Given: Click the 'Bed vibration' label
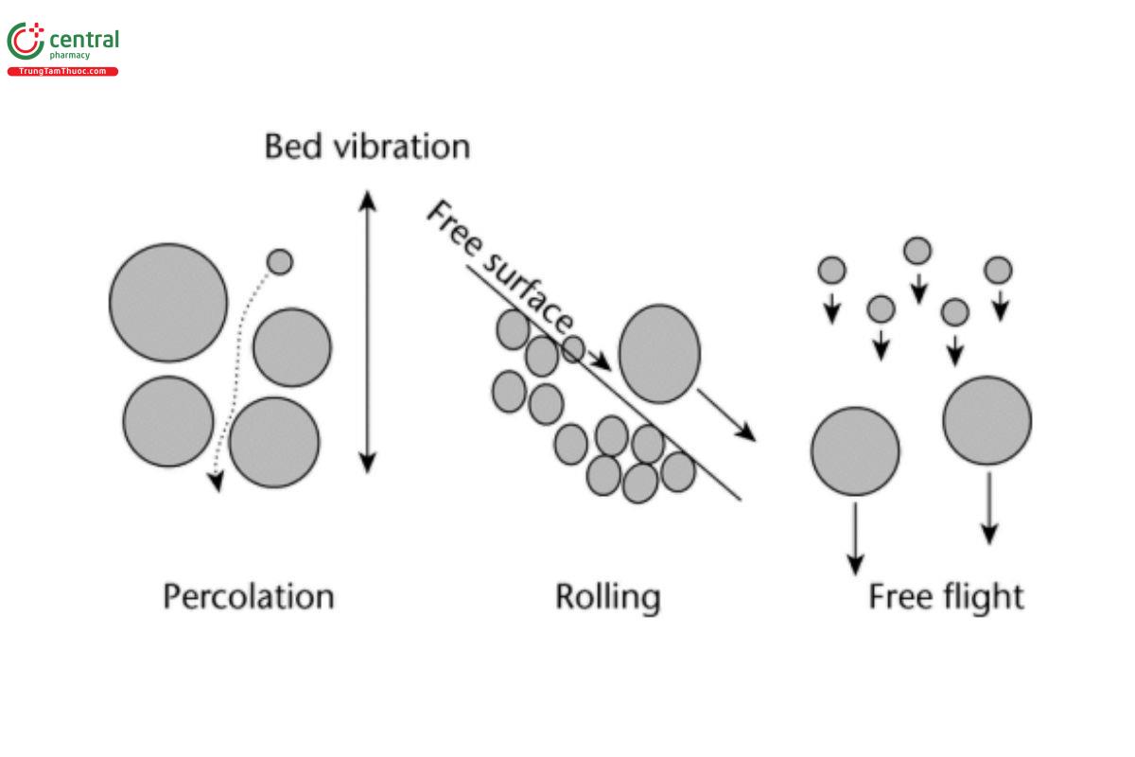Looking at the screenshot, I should (366, 147).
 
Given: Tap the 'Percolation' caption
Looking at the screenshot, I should (248, 597).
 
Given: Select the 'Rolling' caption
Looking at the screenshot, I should (607, 597).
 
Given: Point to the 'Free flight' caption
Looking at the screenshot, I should (946, 597).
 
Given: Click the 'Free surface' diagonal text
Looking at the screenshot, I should (498, 267).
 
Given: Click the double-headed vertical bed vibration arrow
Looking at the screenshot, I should (368, 331).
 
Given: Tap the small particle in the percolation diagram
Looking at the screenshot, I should (280, 261).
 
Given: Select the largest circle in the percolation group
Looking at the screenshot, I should (168, 303).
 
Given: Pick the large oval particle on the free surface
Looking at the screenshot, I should (659, 353).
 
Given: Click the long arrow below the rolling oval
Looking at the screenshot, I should (727, 414).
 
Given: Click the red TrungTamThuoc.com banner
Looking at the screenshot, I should (62, 72).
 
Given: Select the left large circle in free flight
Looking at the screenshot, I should (855, 451).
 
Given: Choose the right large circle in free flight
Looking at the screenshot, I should (987, 420).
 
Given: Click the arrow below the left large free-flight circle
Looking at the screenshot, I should (855, 537).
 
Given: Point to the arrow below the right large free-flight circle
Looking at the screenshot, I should (989, 508).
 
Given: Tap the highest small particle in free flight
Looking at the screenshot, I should (917, 251).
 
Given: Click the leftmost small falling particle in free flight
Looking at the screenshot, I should (831, 271).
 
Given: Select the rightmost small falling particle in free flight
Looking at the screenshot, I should (998, 271).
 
